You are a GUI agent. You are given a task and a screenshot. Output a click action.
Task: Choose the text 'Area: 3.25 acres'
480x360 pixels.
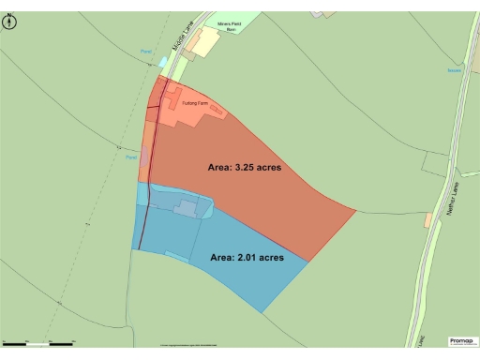coord(244,167)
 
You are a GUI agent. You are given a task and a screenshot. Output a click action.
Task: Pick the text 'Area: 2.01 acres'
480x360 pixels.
coord(247,256)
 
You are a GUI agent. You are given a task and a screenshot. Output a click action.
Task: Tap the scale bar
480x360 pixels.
coord(37,344)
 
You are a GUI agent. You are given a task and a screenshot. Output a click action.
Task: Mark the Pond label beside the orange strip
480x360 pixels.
coord(131,157)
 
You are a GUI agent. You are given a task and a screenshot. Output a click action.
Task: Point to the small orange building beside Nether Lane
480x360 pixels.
coord(428,219)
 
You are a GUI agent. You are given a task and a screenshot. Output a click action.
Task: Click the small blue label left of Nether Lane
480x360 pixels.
coord(454,69)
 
